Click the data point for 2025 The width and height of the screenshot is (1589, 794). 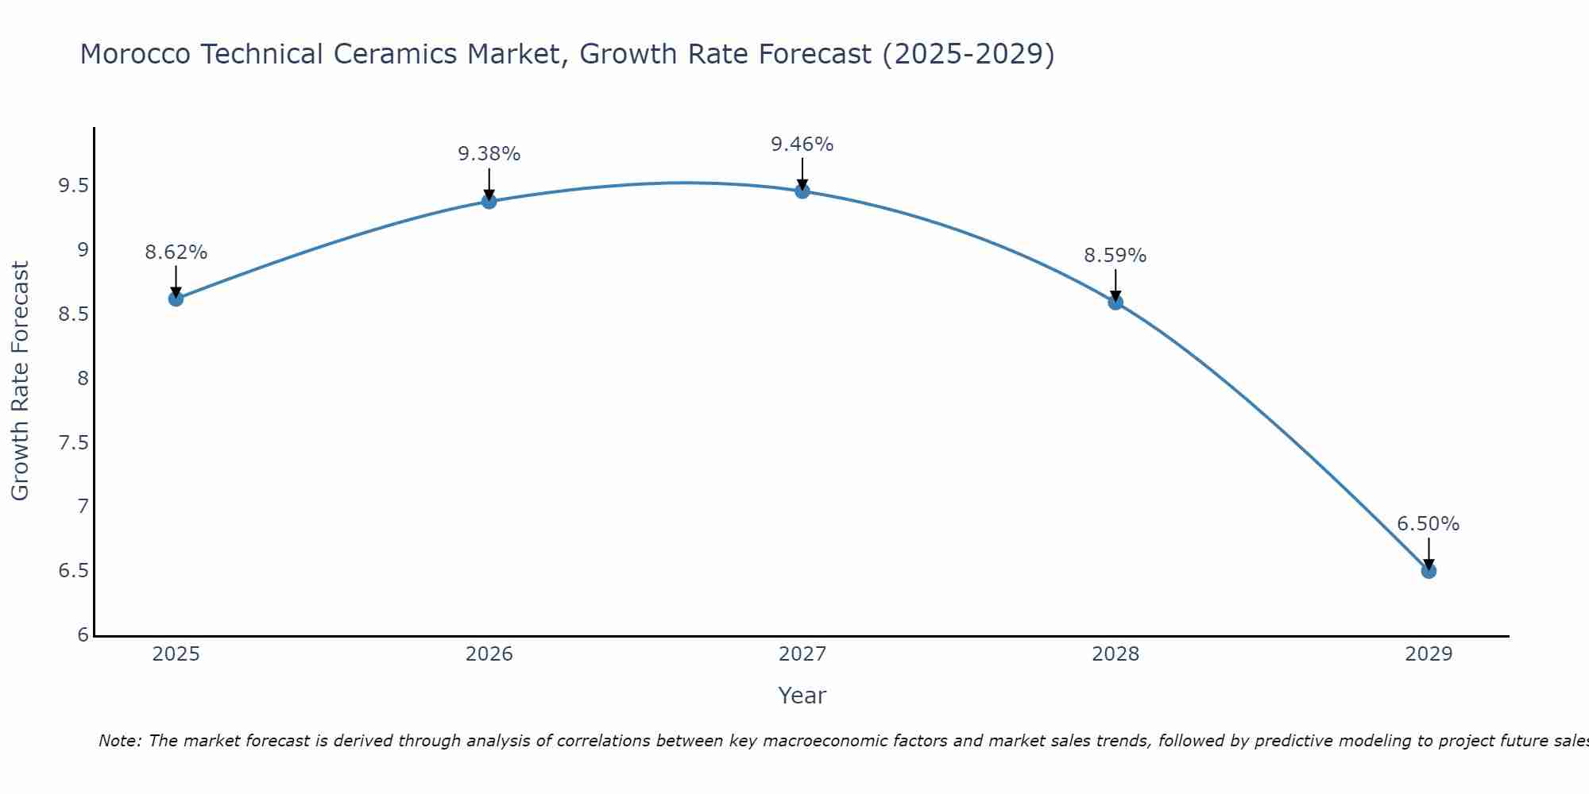click(176, 299)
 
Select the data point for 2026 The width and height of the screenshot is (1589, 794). click(489, 201)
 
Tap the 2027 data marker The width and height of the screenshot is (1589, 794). click(802, 191)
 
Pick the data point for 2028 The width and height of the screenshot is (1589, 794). click(1115, 302)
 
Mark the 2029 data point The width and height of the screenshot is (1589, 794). click(1428, 571)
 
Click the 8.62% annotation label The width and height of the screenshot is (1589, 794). click(176, 252)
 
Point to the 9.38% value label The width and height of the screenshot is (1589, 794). click(489, 154)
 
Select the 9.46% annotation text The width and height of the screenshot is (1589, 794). click(802, 145)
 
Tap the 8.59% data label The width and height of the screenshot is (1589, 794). click(1115, 256)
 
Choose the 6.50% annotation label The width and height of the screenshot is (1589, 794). click(1428, 524)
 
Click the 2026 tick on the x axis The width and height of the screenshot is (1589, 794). click(489, 654)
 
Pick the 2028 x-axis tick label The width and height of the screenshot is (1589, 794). click(1115, 654)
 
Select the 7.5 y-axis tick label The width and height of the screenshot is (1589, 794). click(73, 443)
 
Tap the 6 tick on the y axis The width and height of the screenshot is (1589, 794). click(83, 635)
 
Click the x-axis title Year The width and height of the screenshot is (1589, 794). click(802, 696)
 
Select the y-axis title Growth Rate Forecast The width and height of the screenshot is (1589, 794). click(20, 381)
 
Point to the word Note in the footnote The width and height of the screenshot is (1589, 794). click(119, 741)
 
